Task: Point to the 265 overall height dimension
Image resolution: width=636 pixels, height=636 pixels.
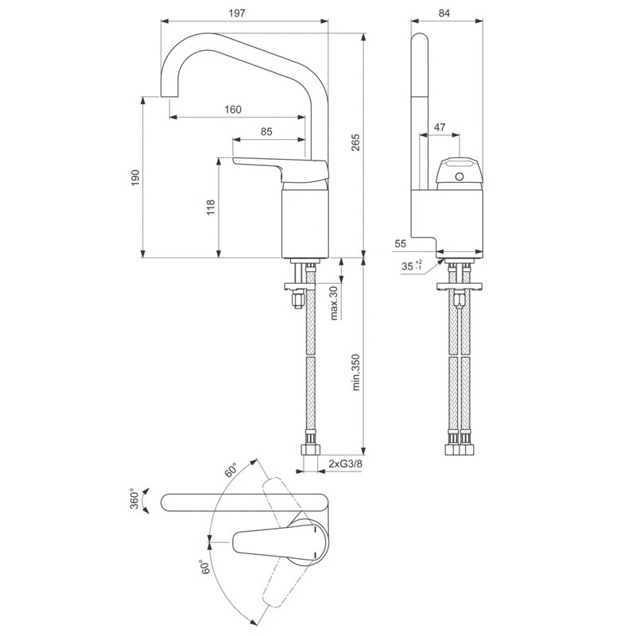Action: pos(356,142)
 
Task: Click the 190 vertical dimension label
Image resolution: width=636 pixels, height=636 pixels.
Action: pos(136,176)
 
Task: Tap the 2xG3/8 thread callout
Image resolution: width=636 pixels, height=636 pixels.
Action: pos(347,463)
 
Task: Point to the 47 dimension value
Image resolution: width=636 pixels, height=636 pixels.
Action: pos(439,126)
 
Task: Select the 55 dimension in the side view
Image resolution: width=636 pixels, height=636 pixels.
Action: pos(400,244)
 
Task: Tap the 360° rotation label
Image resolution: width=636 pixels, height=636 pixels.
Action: pos(136,498)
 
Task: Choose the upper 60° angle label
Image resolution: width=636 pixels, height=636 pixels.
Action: pos(231,470)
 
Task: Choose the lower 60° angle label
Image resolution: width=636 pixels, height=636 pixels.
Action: pos(205,566)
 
